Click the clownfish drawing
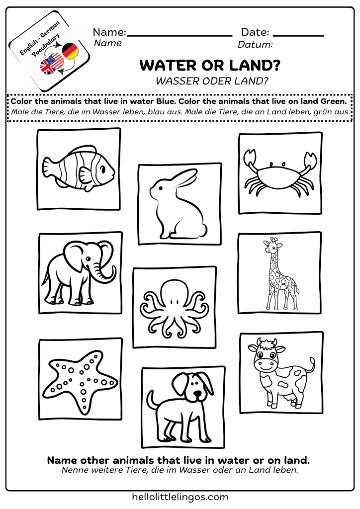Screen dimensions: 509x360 coord(79,169)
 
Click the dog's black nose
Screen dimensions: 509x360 coord(198,394)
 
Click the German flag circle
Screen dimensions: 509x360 coord(70,51)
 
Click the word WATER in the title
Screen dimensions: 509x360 coord(166,66)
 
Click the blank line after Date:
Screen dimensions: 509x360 coord(298,35)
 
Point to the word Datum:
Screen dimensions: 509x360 coord(255,45)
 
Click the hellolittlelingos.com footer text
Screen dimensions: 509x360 coord(180,497)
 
